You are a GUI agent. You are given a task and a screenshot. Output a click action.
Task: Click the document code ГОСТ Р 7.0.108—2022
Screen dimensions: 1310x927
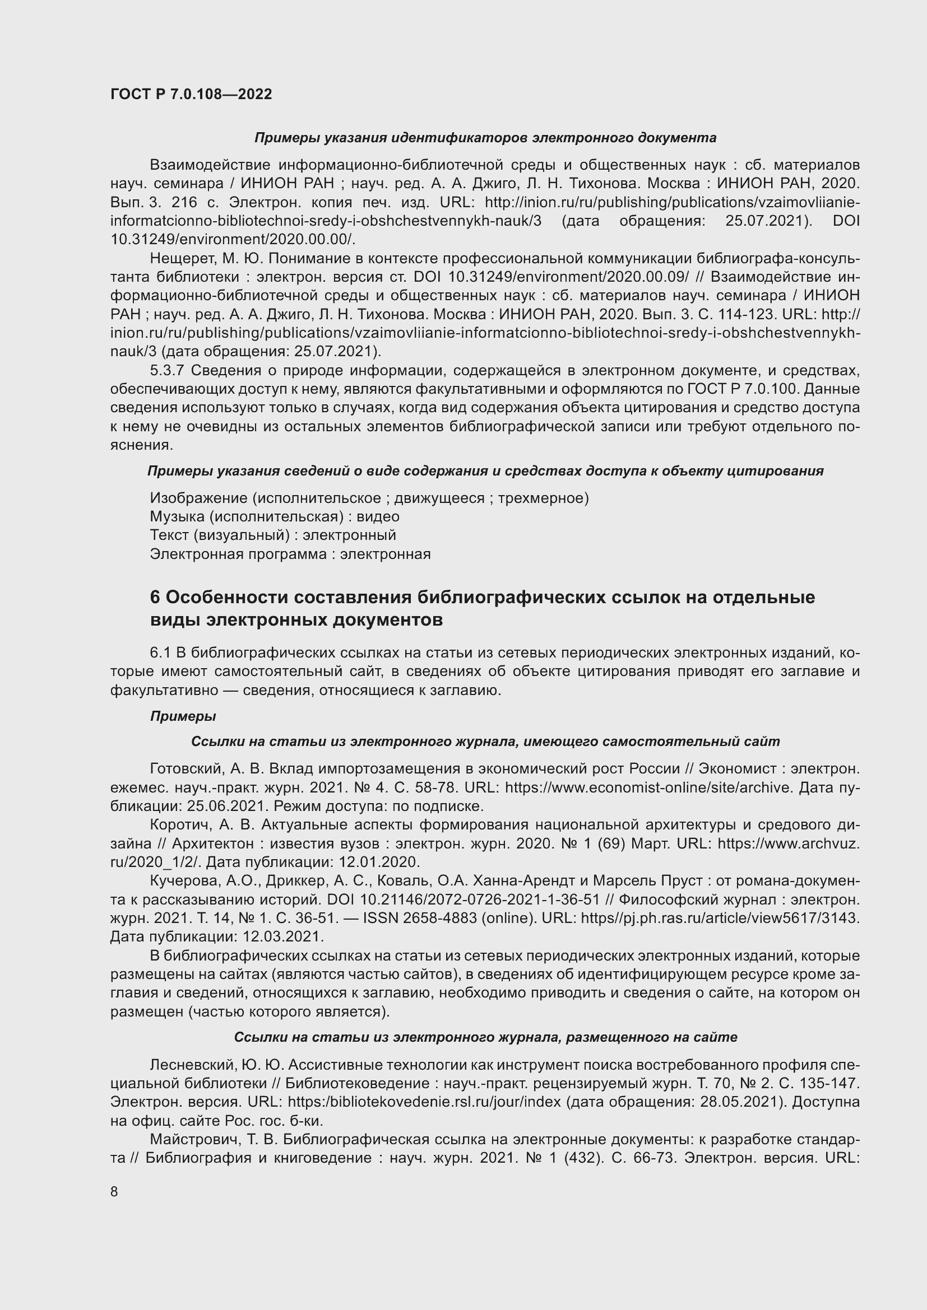click(191, 94)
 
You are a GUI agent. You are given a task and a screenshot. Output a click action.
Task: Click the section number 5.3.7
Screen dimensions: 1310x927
click(166, 370)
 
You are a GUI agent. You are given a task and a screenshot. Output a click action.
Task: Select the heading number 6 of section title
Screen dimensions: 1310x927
click(155, 597)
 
